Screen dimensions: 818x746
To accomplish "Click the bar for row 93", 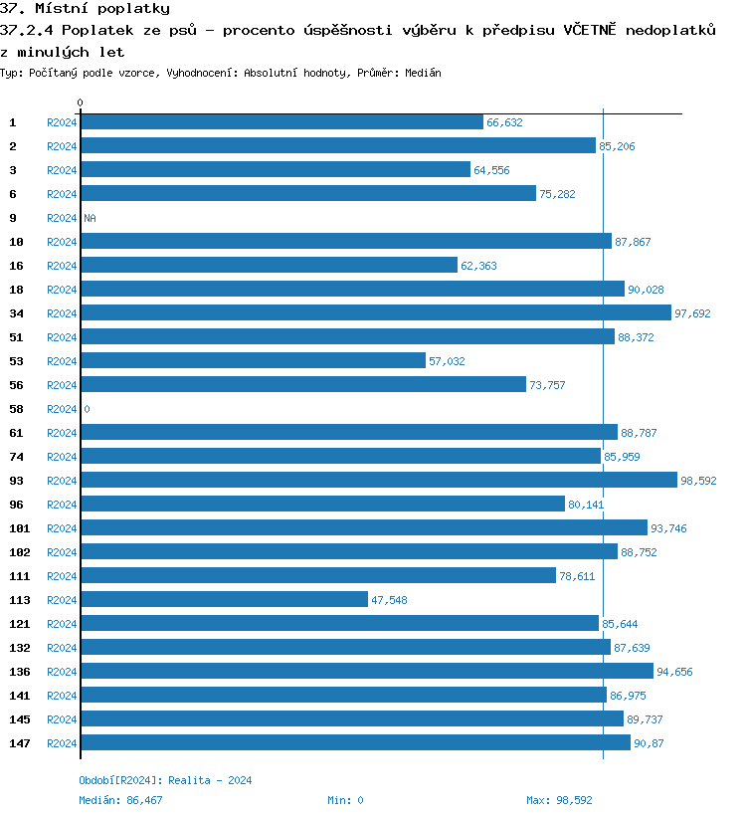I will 378,481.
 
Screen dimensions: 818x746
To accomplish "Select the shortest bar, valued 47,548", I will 224,600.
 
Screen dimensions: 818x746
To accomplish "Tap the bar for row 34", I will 375,313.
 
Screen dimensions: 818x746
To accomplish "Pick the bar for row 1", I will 281,122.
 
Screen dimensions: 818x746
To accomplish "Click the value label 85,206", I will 617,146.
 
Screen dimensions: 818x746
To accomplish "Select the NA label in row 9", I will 90,218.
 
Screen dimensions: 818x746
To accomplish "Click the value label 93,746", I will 667,528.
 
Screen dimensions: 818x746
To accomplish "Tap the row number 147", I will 20,743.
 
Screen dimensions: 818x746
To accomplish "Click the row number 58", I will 16,409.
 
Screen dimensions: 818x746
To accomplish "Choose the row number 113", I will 20,600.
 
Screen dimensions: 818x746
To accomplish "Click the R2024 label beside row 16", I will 62,266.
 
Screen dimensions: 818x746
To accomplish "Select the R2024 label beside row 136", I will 62,672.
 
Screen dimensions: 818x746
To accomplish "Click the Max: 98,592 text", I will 559,800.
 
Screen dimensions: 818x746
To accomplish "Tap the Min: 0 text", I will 345,800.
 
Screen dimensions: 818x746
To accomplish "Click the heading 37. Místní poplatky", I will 85,9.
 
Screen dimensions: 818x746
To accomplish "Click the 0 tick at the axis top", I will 81,102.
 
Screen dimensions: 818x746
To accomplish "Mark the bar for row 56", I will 302,385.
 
